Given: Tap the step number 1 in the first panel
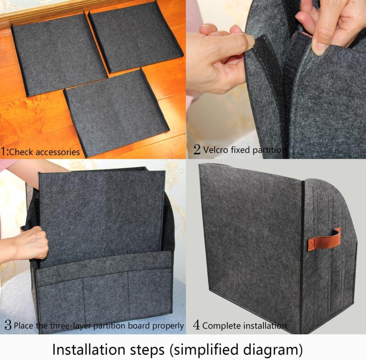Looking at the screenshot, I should point(4,151).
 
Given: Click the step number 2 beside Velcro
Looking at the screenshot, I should point(197,149).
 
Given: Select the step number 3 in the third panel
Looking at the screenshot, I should point(8,325).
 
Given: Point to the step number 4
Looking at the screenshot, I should point(196,325).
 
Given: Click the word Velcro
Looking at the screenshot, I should point(216,149).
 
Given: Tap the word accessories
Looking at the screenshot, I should point(57,152).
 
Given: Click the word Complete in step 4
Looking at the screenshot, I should point(221,326).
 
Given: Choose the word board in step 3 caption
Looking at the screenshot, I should point(137,326).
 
